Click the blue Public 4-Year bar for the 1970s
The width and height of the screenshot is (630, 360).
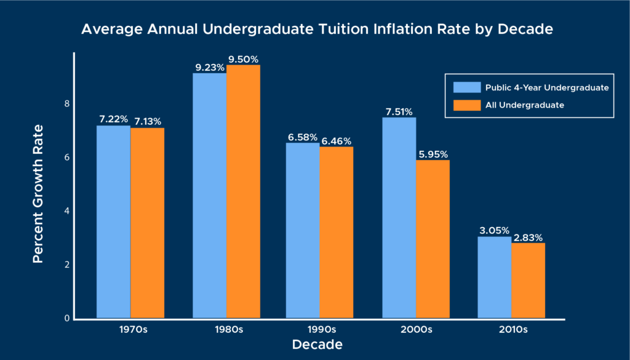click(x=113, y=222)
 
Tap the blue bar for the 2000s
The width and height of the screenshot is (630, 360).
click(x=399, y=218)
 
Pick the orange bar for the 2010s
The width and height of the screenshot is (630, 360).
click(x=528, y=281)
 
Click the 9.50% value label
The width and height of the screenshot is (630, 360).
click(x=244, y=59)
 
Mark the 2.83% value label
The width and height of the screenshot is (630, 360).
click(x=528, y=237)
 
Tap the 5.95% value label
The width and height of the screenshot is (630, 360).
click(x=433, y=154)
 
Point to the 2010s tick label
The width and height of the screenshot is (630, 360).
click(x=511, y=329)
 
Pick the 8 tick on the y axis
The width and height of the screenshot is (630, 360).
click(x=66, y=104)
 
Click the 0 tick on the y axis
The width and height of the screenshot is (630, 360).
click(x=66, y=319)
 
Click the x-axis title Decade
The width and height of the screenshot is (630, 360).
click(x=317, y=344)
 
